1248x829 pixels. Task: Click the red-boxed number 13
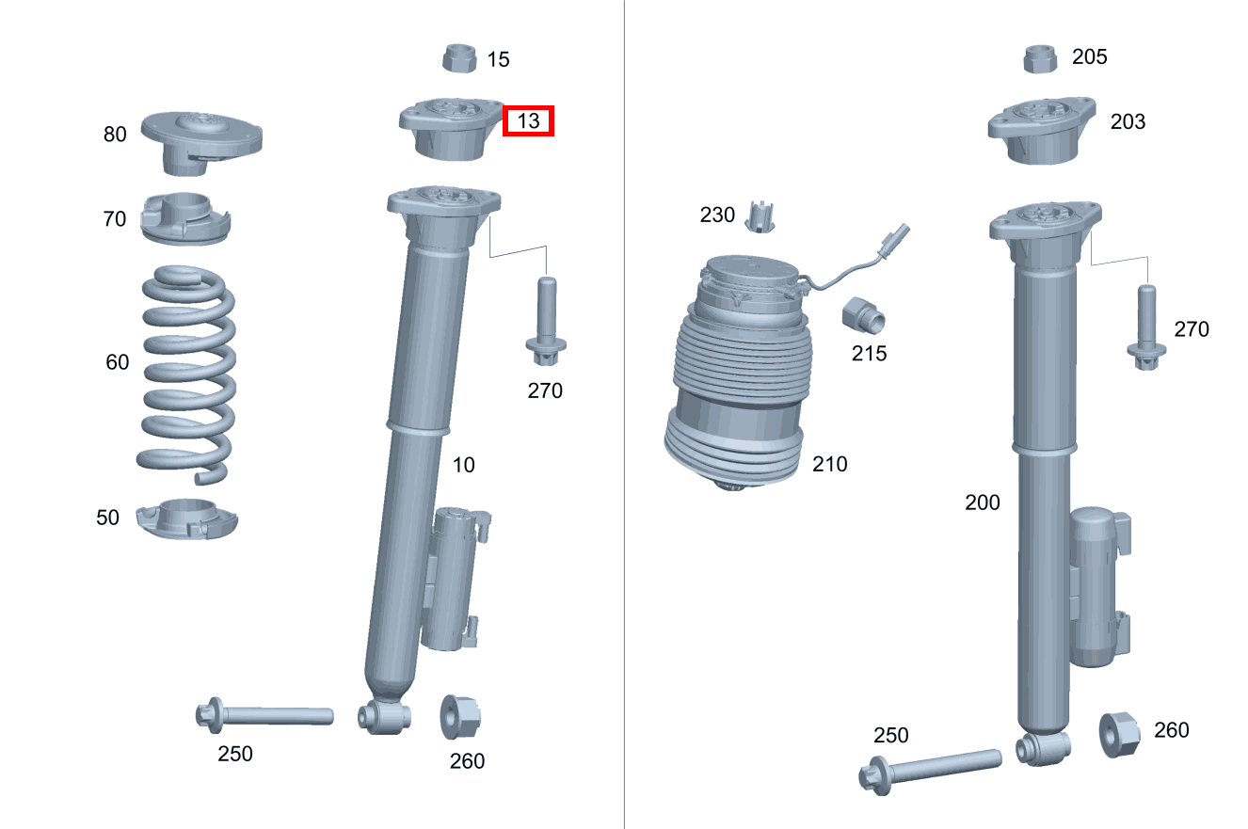pos(528,120)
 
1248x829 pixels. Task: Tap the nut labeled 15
pos(459,58)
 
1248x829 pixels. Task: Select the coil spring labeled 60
pos(187,375)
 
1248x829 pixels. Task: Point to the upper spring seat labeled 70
pos(185,219)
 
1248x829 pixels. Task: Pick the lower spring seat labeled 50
pos(187,518)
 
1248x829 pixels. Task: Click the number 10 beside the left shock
pos(464,465)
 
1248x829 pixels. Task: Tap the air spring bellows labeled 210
pos(739,373)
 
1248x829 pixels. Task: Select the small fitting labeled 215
pos(863,316)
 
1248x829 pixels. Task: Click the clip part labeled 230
pos(760,217)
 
